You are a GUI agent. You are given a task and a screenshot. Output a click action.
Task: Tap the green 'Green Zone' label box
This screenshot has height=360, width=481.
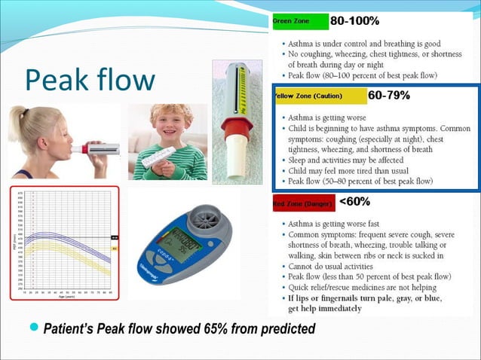coord(300,21)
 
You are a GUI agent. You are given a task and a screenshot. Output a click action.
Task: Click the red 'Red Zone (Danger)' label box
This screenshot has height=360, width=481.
coord(303,203)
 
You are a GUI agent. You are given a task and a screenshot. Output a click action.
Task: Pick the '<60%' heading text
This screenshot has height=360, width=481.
coord(354,202)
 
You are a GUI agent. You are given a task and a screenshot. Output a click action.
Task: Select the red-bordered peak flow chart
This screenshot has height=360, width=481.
coord(64,242)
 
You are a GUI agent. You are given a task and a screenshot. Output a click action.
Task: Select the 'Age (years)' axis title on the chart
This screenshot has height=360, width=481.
coord(66,295)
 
